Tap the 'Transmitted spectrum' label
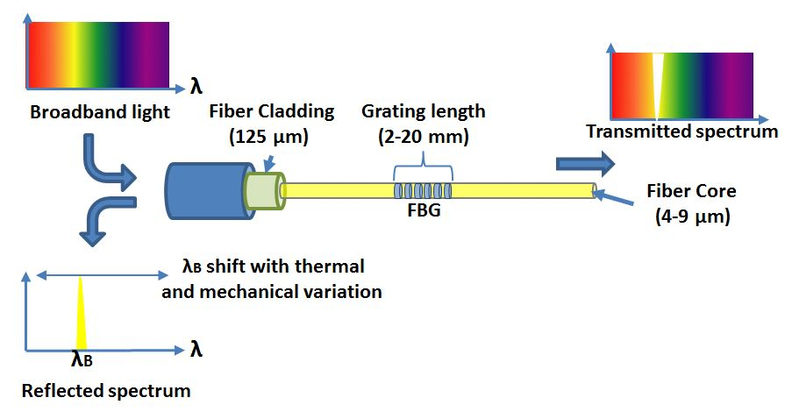(x=682, y=131)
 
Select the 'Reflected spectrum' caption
(x=105, y=390)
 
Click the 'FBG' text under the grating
(x=425, y=209)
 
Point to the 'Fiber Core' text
(x=691, y=191)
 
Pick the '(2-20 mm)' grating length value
(x=424, y=138)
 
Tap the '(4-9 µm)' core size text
(x=692, y=217)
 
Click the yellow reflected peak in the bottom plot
(x=81, y=316)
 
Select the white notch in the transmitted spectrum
(x=657, y=86)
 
